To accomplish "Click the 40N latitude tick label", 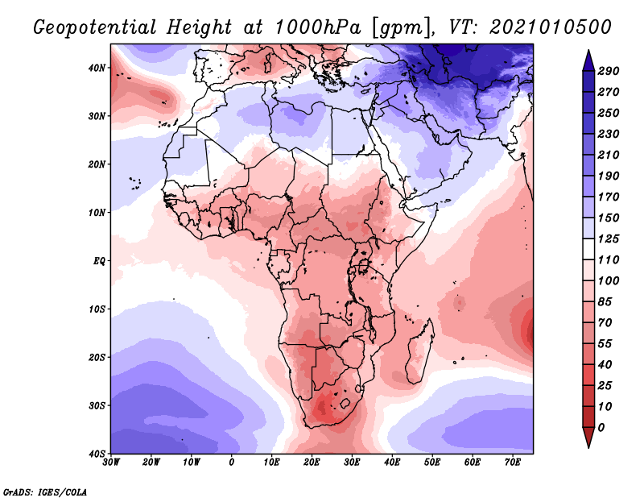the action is point(97,68).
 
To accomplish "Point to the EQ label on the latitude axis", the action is point(99,261).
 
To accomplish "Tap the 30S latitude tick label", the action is point(97,406).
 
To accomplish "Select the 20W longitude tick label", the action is point(151,463).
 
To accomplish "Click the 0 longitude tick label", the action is point(232,463).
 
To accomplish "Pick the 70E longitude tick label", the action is point(513,463).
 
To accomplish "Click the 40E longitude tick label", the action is point(392,463).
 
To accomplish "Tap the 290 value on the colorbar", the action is point(609,71).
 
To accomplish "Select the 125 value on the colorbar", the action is point(609,239).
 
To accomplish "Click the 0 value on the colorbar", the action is point(601,428).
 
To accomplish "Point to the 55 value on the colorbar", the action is point(605,344).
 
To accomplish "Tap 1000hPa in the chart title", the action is point(318,27).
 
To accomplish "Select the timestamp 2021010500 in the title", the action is point(551,27).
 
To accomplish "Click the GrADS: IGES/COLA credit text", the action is point(45,492).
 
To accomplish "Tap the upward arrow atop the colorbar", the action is point(588,60).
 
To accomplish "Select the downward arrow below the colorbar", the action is point(588,438).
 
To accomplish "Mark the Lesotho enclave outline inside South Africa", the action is point(345,403).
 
